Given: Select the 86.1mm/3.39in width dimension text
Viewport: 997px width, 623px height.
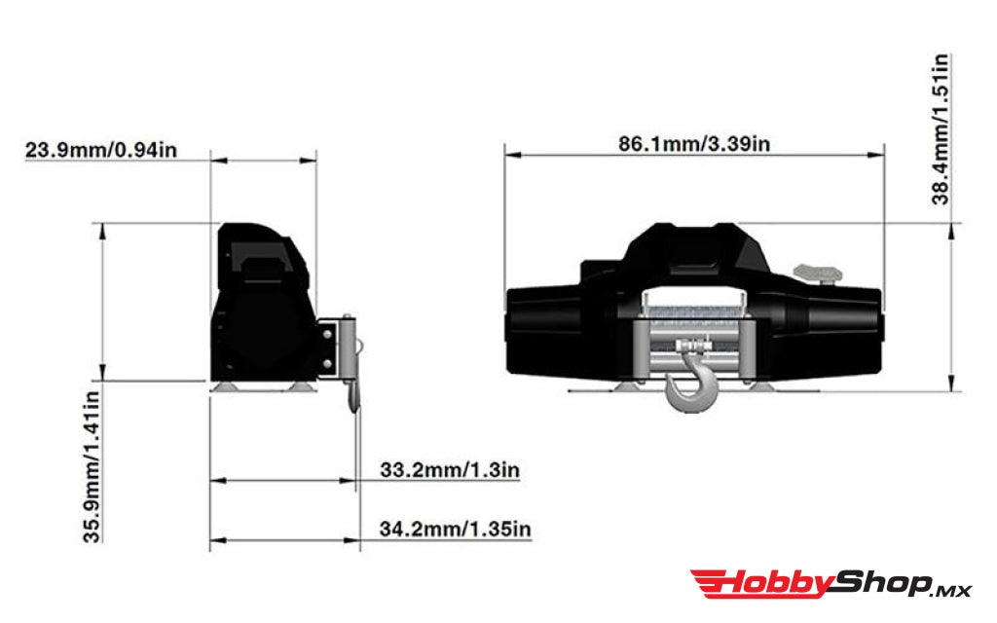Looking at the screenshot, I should pyautogui.click(x=694, y=144).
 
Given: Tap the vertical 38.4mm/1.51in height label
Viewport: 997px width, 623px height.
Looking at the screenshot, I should pyautogui.click(x=941, y=128).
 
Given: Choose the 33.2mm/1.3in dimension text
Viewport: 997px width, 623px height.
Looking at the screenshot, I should pyautogui.click(x=449, y=471).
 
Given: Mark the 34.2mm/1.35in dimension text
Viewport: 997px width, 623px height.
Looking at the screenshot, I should pyautogui.click(x=455, y=530).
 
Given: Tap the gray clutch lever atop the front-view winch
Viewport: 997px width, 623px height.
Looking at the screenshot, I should pyautogui.click(x=816, y=271).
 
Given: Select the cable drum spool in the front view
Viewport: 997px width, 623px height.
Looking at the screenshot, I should pyautogui.click(x=695, y=310).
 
